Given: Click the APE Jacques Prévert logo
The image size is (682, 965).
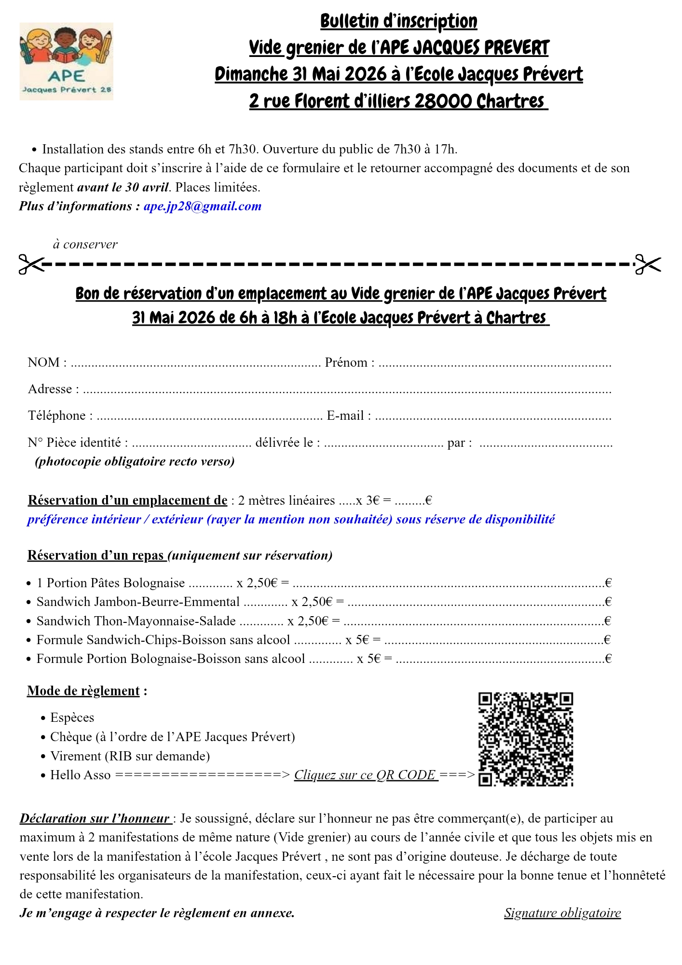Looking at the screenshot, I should tap(66, 61).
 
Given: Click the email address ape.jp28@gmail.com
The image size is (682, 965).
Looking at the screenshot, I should tap(202, 207).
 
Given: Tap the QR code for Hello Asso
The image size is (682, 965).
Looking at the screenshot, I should tap(525, 739).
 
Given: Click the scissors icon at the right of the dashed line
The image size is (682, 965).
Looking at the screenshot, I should tap(647, 264).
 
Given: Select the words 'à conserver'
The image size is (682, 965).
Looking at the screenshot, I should tap(85, 245).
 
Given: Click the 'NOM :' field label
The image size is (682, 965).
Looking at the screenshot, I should tap(47, 363).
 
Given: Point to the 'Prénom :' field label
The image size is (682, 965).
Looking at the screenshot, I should tap(349, 363).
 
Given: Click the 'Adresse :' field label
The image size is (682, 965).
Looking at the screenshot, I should tap(53, 389).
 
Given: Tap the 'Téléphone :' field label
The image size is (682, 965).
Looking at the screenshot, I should tap(60, 416).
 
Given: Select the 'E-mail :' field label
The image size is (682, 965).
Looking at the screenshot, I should tap(349, 416).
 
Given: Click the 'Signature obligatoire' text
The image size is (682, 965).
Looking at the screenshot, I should tap(562, 913).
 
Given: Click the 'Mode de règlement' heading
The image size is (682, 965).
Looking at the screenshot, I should tap(83, 691).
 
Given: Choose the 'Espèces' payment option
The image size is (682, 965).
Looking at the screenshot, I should tap(72, 718).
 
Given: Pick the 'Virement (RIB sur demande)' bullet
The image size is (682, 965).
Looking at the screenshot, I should tap(130, 756).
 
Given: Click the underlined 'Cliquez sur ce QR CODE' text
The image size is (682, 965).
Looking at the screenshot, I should tap(366, 775).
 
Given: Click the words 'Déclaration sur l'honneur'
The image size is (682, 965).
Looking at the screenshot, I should tap(95, 819).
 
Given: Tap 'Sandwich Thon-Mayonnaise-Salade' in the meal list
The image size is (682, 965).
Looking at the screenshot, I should tap(136, 621).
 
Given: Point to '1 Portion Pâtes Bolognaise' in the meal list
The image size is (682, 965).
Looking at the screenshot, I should tap(110, 583).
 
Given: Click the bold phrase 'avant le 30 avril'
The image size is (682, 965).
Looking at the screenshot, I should tap(123, 187).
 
